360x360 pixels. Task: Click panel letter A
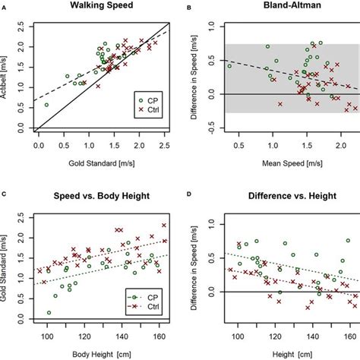point(5,6)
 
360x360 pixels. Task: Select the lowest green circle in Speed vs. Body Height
point(50,312)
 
